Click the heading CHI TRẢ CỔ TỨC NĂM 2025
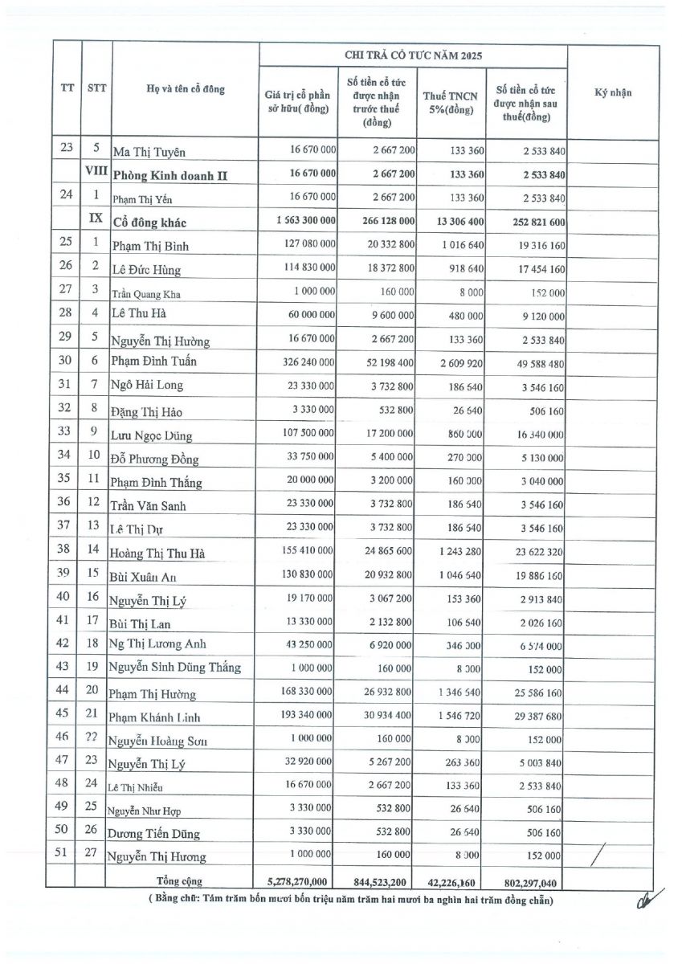412,55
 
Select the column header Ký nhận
613,92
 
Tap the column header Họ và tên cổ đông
186,88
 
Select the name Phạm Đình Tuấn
153,361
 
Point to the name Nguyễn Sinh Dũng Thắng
176,668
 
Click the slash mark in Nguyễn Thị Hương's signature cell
597,857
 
